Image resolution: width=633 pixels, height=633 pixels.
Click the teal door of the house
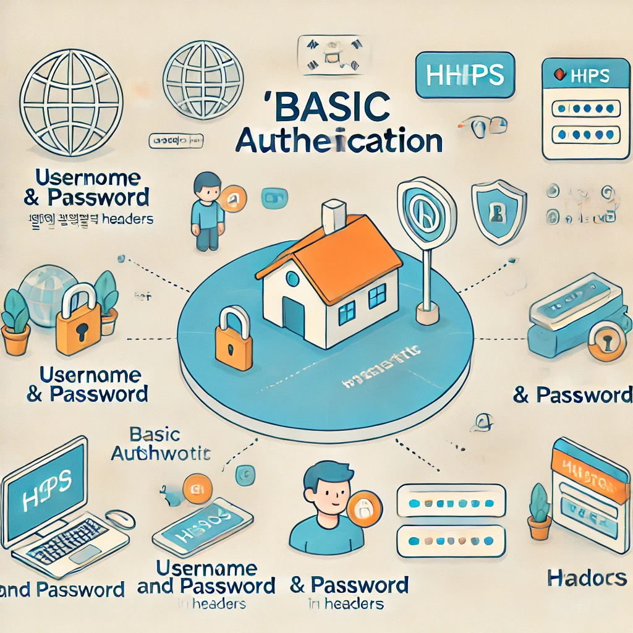294,316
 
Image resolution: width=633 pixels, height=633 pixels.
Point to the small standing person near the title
206,210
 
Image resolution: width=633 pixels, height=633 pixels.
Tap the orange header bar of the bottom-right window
587,470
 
